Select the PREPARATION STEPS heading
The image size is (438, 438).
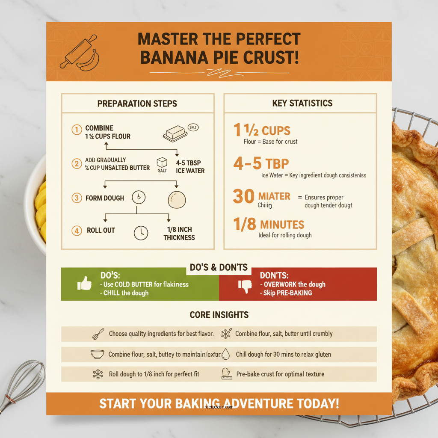click(x=137, y=104)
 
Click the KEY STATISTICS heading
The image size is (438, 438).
click(x=302, y=103)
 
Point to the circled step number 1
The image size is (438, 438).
click(x=76, y=129)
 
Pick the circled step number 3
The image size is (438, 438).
click(x=77, y=198)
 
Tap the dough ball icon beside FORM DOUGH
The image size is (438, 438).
click(x=177, y=199)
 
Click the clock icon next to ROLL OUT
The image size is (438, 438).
click(x=141, y=233)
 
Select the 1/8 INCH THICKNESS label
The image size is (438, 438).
click(x=179, y=234)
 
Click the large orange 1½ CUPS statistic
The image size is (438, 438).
click(x=262, y=130)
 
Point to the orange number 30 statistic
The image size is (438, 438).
click(x=243, y=197)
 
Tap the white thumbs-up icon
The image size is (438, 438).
click(x=84, y=284)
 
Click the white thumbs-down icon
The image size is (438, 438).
click(x=245, y=285)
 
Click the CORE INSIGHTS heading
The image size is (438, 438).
click(x=219, y=315)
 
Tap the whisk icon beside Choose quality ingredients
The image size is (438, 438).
click(x=98, y=334)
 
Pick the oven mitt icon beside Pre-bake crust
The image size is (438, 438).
click(x=226, y=374)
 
